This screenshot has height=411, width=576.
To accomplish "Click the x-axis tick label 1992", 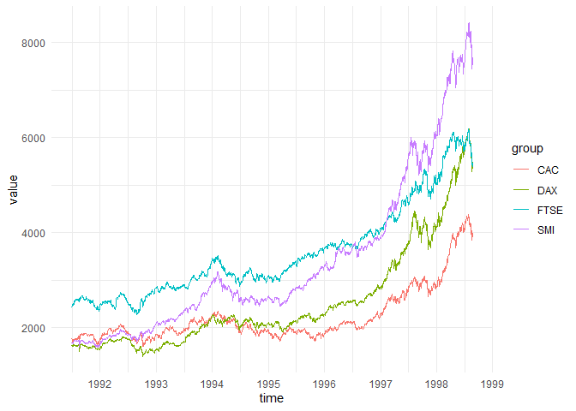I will pos(100,384).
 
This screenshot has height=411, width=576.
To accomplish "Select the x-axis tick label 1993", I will pos(156,384).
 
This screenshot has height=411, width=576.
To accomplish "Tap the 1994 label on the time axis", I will pos(213,384).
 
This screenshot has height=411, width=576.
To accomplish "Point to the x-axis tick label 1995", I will pos(268,384).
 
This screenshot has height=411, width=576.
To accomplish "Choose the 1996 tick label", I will pos(325,384).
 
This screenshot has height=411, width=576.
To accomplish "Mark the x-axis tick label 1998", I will pos(437,384).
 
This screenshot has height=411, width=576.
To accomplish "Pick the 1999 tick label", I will pos(493,384).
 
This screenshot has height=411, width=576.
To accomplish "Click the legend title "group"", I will pos(527,148).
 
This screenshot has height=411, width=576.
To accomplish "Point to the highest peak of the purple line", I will pos(469,23).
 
